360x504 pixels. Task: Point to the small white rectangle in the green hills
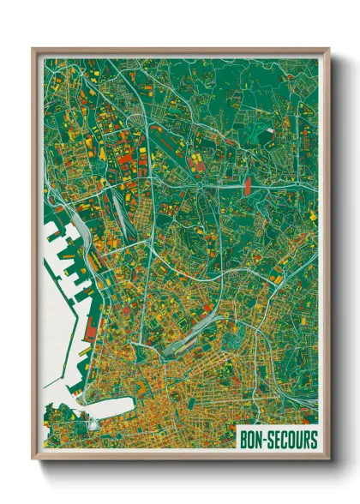point(268,130)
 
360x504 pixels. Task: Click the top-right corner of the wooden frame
point(328,50)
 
